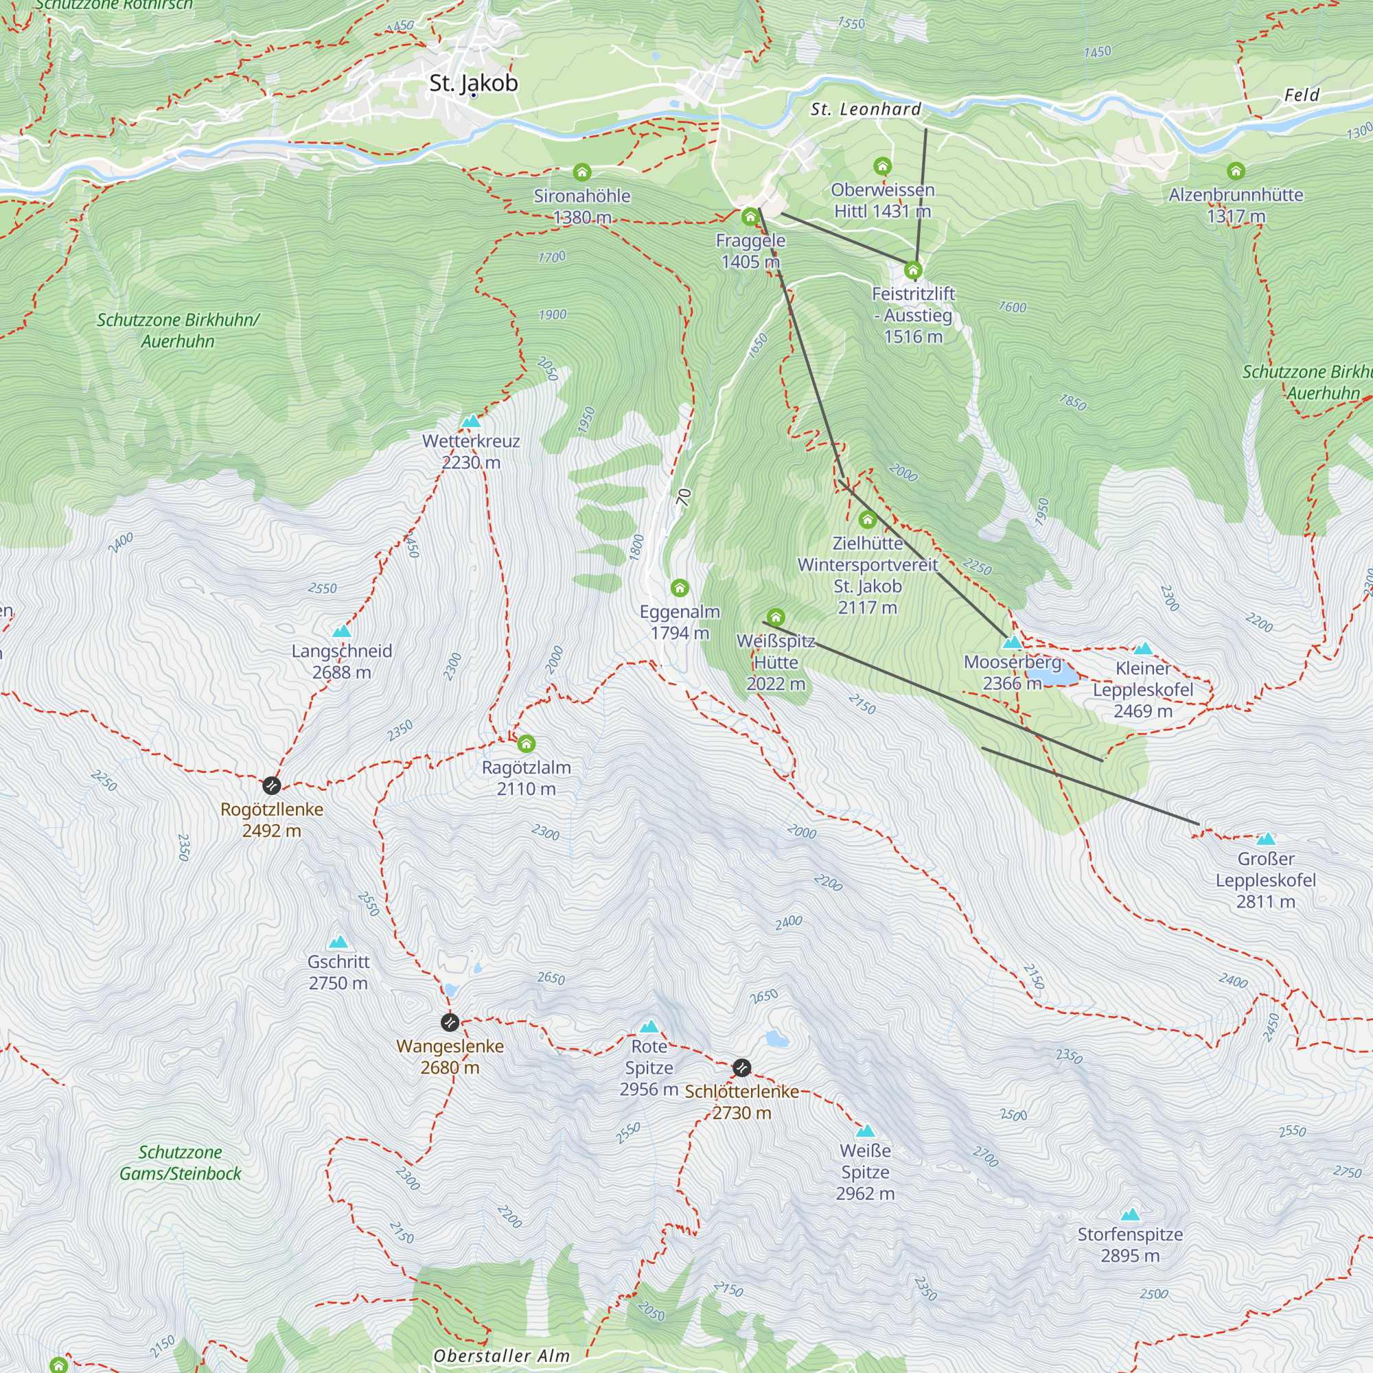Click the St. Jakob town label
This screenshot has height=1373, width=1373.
(473, 83)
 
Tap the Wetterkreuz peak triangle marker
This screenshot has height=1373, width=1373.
(471, 422)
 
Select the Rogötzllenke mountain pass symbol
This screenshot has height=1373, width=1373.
(271, 785)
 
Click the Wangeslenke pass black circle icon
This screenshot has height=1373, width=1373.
(449, 1022)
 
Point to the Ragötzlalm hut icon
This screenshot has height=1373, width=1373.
(526, 744)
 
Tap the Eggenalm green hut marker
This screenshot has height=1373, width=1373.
(680, 588)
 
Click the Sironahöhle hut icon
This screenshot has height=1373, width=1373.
(582, 172)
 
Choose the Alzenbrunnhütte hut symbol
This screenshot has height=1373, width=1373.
(1236, 170)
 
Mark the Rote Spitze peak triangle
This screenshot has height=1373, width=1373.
(649, 1026)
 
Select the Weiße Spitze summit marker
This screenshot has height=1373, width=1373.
(865, 1131)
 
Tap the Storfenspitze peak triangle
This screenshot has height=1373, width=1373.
(1130, 1214)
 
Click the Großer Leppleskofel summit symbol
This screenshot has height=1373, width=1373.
(1266, 840)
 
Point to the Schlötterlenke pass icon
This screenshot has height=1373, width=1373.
(741, 1068)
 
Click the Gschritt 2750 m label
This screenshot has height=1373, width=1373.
(338, 972)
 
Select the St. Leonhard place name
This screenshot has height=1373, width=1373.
(866, 109)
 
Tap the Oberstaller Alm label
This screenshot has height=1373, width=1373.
(502, 1356)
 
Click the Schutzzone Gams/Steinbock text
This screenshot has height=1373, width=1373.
(181, 1163)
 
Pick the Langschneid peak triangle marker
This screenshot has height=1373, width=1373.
(342, 631)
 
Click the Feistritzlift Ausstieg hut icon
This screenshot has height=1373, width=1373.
(913, 270)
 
